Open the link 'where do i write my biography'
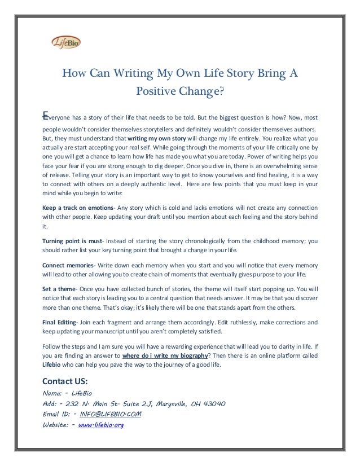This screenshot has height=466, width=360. point(164,357)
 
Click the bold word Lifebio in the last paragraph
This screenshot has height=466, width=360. point(54,365)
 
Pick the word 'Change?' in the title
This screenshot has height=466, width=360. point(200,91)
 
